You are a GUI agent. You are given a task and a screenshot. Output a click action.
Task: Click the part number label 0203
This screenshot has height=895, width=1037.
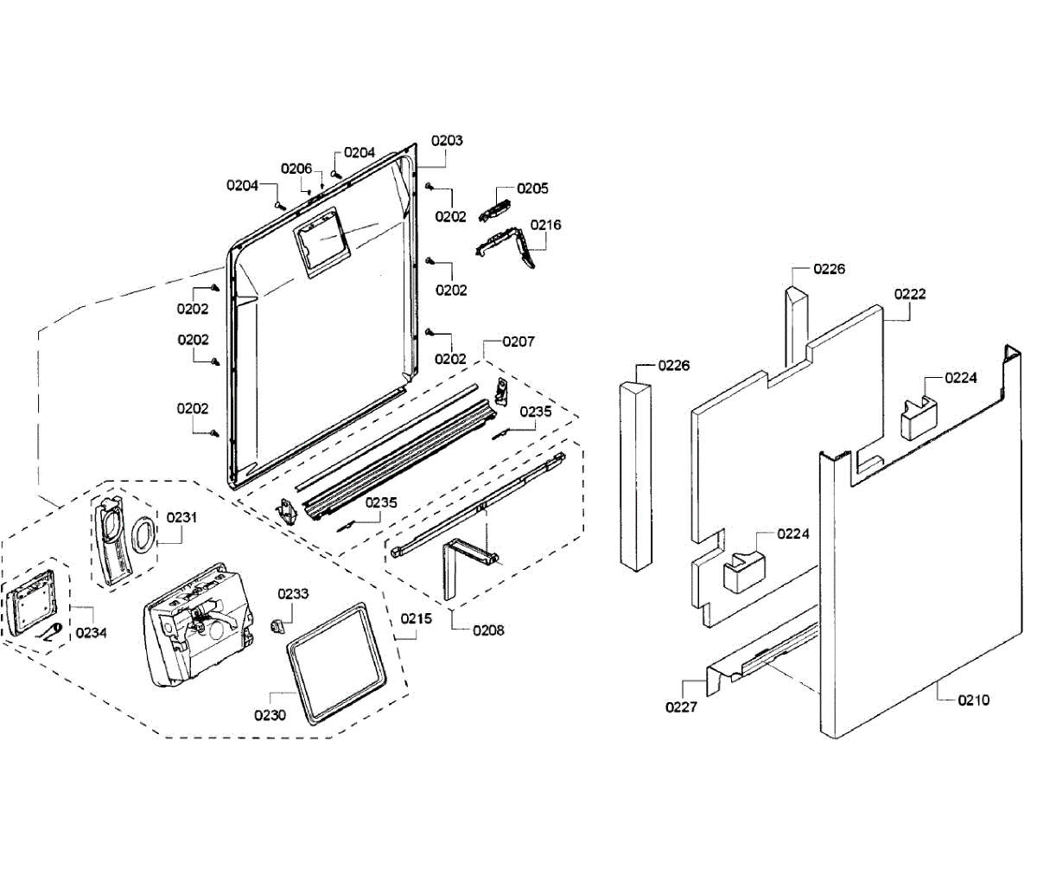pyautogui.click(x=447, y=140)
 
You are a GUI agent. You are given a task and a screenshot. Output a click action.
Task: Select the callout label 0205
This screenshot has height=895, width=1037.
pyautogui.click(x=532, y=189)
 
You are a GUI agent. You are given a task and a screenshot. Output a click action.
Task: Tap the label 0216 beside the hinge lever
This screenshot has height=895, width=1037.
pyautogui.click(x=545, y=225)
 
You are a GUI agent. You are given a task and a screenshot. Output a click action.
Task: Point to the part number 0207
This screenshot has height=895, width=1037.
pyautogui.click(x=518, y=342)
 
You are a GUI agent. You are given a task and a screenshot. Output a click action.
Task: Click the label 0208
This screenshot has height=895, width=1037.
pyautogui.click(x=488, y=630)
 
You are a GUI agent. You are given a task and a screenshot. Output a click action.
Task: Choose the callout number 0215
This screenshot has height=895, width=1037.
pyautogui.click(x=416, y=619)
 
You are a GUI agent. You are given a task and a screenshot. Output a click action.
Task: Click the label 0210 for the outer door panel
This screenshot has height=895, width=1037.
pyautogui.click(x=973, y=700)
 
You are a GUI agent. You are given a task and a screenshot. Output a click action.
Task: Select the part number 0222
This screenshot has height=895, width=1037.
pyautogui.click(x=910, y=294)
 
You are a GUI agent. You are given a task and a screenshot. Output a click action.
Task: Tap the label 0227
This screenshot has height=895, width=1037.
pyautogui.click(x=681, y=707)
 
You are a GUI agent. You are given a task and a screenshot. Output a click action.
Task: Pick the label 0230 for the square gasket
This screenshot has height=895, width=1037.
pyautogui.click(x=270, y=715)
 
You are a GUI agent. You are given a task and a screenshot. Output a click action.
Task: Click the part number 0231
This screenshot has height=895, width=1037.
pyautogui.click(x=181, y=517)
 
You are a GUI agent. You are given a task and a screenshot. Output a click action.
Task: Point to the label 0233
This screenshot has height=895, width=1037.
pyautogui.click(x=293, y=594)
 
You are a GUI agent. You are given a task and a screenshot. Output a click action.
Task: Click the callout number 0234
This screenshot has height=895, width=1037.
pyautogui.click(x=91, y=633)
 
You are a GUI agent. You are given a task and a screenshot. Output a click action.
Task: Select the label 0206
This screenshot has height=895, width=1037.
pyautogui.click(x=296, y=169)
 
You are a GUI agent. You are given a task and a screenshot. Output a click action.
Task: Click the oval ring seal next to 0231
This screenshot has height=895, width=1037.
pyautogui.click(x=144, y=536)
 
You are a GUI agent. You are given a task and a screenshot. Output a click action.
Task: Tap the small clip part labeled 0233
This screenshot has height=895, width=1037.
pyautogui.click(x=277, y=624)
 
